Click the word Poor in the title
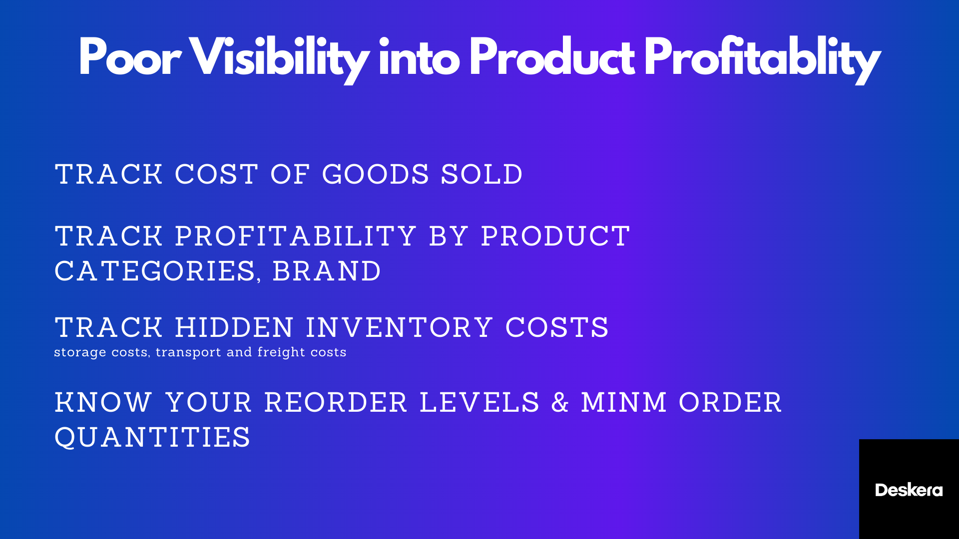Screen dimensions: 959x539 click(129, 57)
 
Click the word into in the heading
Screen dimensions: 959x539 click(419, 57)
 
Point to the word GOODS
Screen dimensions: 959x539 click(376, 175)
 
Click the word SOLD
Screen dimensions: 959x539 click(481, 175)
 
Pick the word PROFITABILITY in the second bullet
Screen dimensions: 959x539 click(296, 236)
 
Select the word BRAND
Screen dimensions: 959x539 click(327, 271)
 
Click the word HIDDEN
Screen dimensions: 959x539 click(234, 328)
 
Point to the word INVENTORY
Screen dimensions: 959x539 click(400, 328)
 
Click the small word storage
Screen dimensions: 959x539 click(80, 352)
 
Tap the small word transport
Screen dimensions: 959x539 click(188, 352)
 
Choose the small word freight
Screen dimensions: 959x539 click(281, 352)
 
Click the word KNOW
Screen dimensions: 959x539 click(103, 403)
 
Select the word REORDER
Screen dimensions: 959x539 click(336, 403)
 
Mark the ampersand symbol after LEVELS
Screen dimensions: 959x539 click(560, 403)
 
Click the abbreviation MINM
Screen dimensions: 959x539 click(624, 403)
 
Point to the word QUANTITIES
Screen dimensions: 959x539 click(152, 438)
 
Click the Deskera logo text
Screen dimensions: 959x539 click(909, 490)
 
